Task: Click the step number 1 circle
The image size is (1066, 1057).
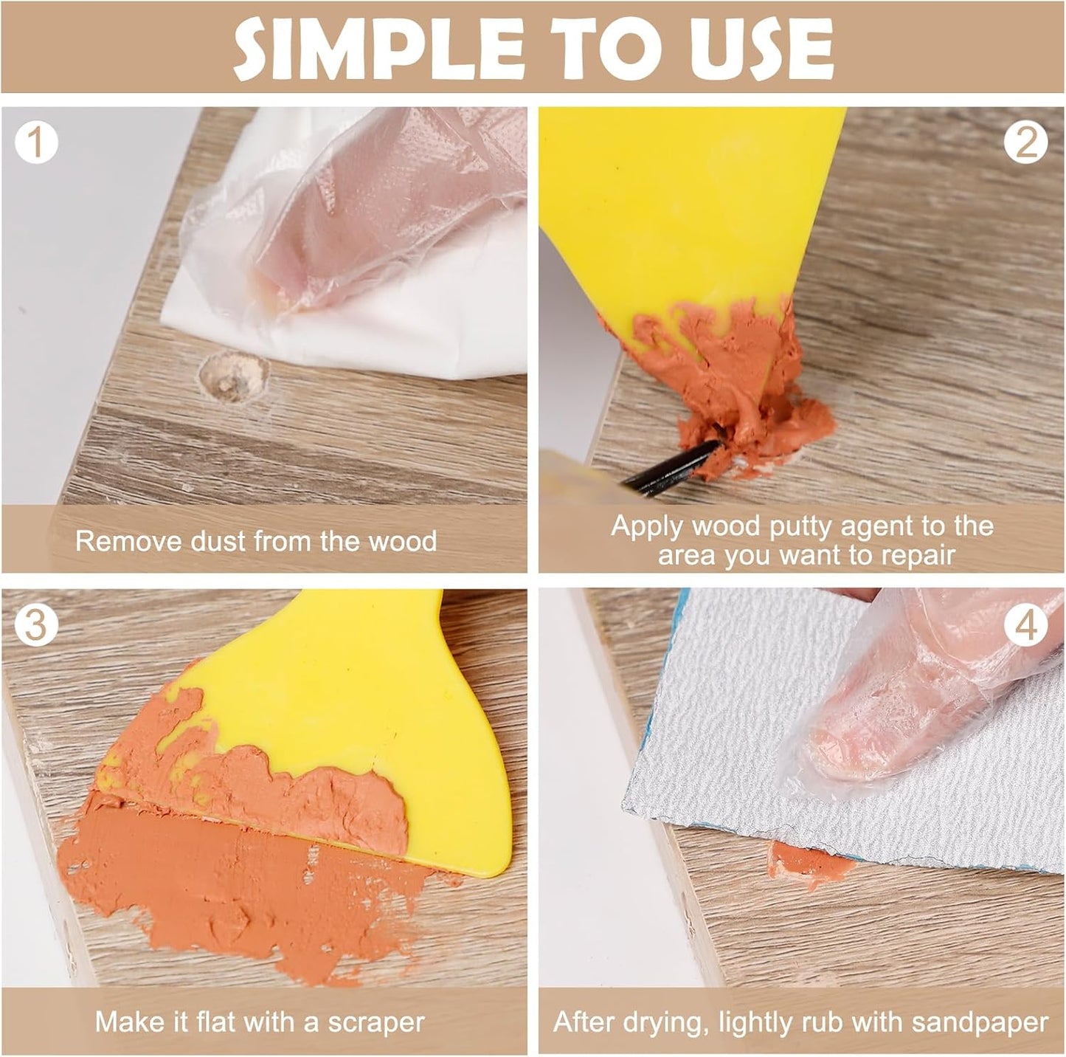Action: [x=36, y=142]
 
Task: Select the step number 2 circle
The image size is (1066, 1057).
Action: [x=1025, y=142]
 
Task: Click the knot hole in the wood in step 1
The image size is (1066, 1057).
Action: [x=235, y=377]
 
